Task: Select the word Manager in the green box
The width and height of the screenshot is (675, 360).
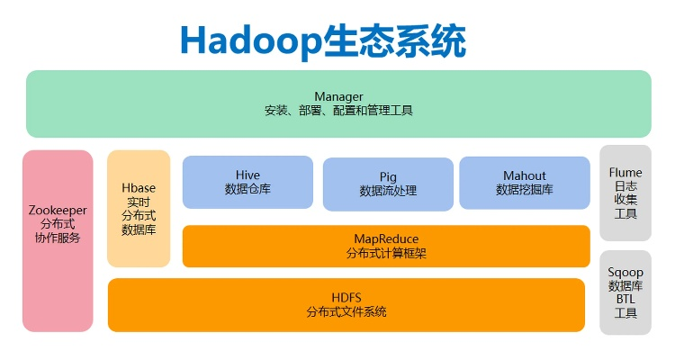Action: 338,96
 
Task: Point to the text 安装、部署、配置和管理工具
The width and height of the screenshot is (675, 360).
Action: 338,111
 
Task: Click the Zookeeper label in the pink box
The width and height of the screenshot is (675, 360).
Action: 58,209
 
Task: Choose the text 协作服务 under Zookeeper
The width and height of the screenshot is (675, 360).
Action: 58,238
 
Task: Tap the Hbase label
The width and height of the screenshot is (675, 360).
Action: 139,187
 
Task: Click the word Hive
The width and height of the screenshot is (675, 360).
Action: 247,175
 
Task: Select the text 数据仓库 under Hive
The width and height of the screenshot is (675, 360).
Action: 247,189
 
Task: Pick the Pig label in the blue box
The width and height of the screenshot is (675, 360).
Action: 388,176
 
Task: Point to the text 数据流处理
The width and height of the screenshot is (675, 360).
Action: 388,191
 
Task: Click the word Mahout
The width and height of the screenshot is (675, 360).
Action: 525,175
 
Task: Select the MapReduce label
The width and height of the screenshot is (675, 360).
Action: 386,238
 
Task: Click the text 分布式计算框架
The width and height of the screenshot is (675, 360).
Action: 386,253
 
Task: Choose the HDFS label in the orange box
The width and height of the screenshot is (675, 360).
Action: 346,296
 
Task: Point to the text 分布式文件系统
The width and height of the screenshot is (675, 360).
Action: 346,311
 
